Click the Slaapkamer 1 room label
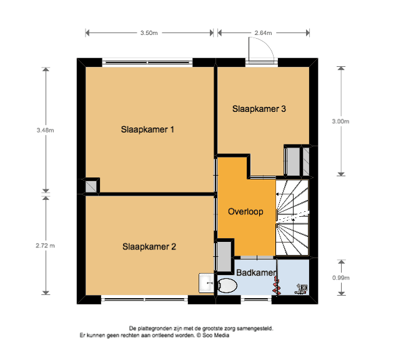(x=147, y=129)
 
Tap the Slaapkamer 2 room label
(x=149, y=247)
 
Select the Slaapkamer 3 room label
(x=259, y=109)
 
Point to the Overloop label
(x=245, y=211)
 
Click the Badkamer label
(x=256, y=272)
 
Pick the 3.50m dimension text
(x=149, y=33)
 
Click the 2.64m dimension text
(x=263, y=33)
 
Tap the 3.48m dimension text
(x=45, y=131)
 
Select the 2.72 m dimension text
(x=45, y=246)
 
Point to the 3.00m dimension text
(x=340, y=121)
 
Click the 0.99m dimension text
(x=340, y=278)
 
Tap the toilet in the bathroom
(x=227, y=286)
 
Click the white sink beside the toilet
(x=207, y=283)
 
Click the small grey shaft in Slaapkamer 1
(x=91, y=186)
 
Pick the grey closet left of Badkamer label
(x=224, y=257)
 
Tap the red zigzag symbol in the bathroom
(x=277, y=286)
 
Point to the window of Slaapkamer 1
(x=147, y=62)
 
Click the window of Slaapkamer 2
(x=144, y=299)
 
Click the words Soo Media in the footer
(x=215, y=335)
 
